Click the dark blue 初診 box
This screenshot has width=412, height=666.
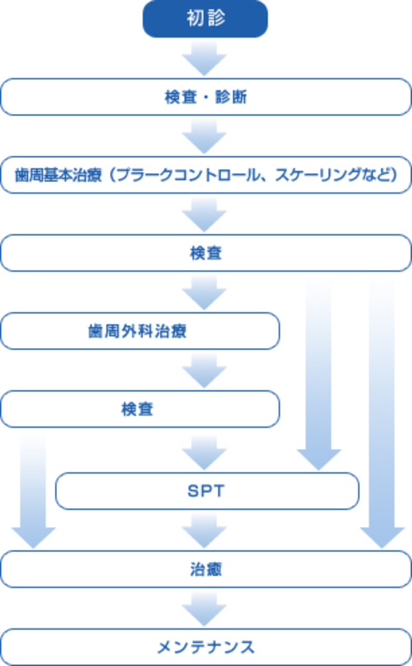(205, 19)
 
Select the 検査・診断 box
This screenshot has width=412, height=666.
(206, 97)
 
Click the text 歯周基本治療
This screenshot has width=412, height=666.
(58, 175)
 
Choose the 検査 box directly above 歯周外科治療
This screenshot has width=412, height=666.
(206, 253)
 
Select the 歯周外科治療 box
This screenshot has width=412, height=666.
(140, 332)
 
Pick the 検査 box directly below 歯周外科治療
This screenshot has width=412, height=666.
(140, 409)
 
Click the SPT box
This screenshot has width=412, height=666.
(207, 491)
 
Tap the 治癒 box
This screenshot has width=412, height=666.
(206, 569)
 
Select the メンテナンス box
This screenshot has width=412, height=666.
(206, 647)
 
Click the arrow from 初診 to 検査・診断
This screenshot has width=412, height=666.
(205, 58)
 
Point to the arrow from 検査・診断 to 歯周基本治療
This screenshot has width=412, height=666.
(205, 136)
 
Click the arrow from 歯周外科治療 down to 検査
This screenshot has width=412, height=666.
(205, 370)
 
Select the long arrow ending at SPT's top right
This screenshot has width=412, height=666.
(319, 374)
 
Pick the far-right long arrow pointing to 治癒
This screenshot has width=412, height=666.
(382, 413)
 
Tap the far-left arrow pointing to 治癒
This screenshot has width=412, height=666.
(33, 491)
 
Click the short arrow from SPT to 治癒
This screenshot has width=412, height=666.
(205, 530)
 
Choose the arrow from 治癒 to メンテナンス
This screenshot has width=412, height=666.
(205, 608)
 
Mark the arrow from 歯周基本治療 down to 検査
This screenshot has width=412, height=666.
(205, 214)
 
